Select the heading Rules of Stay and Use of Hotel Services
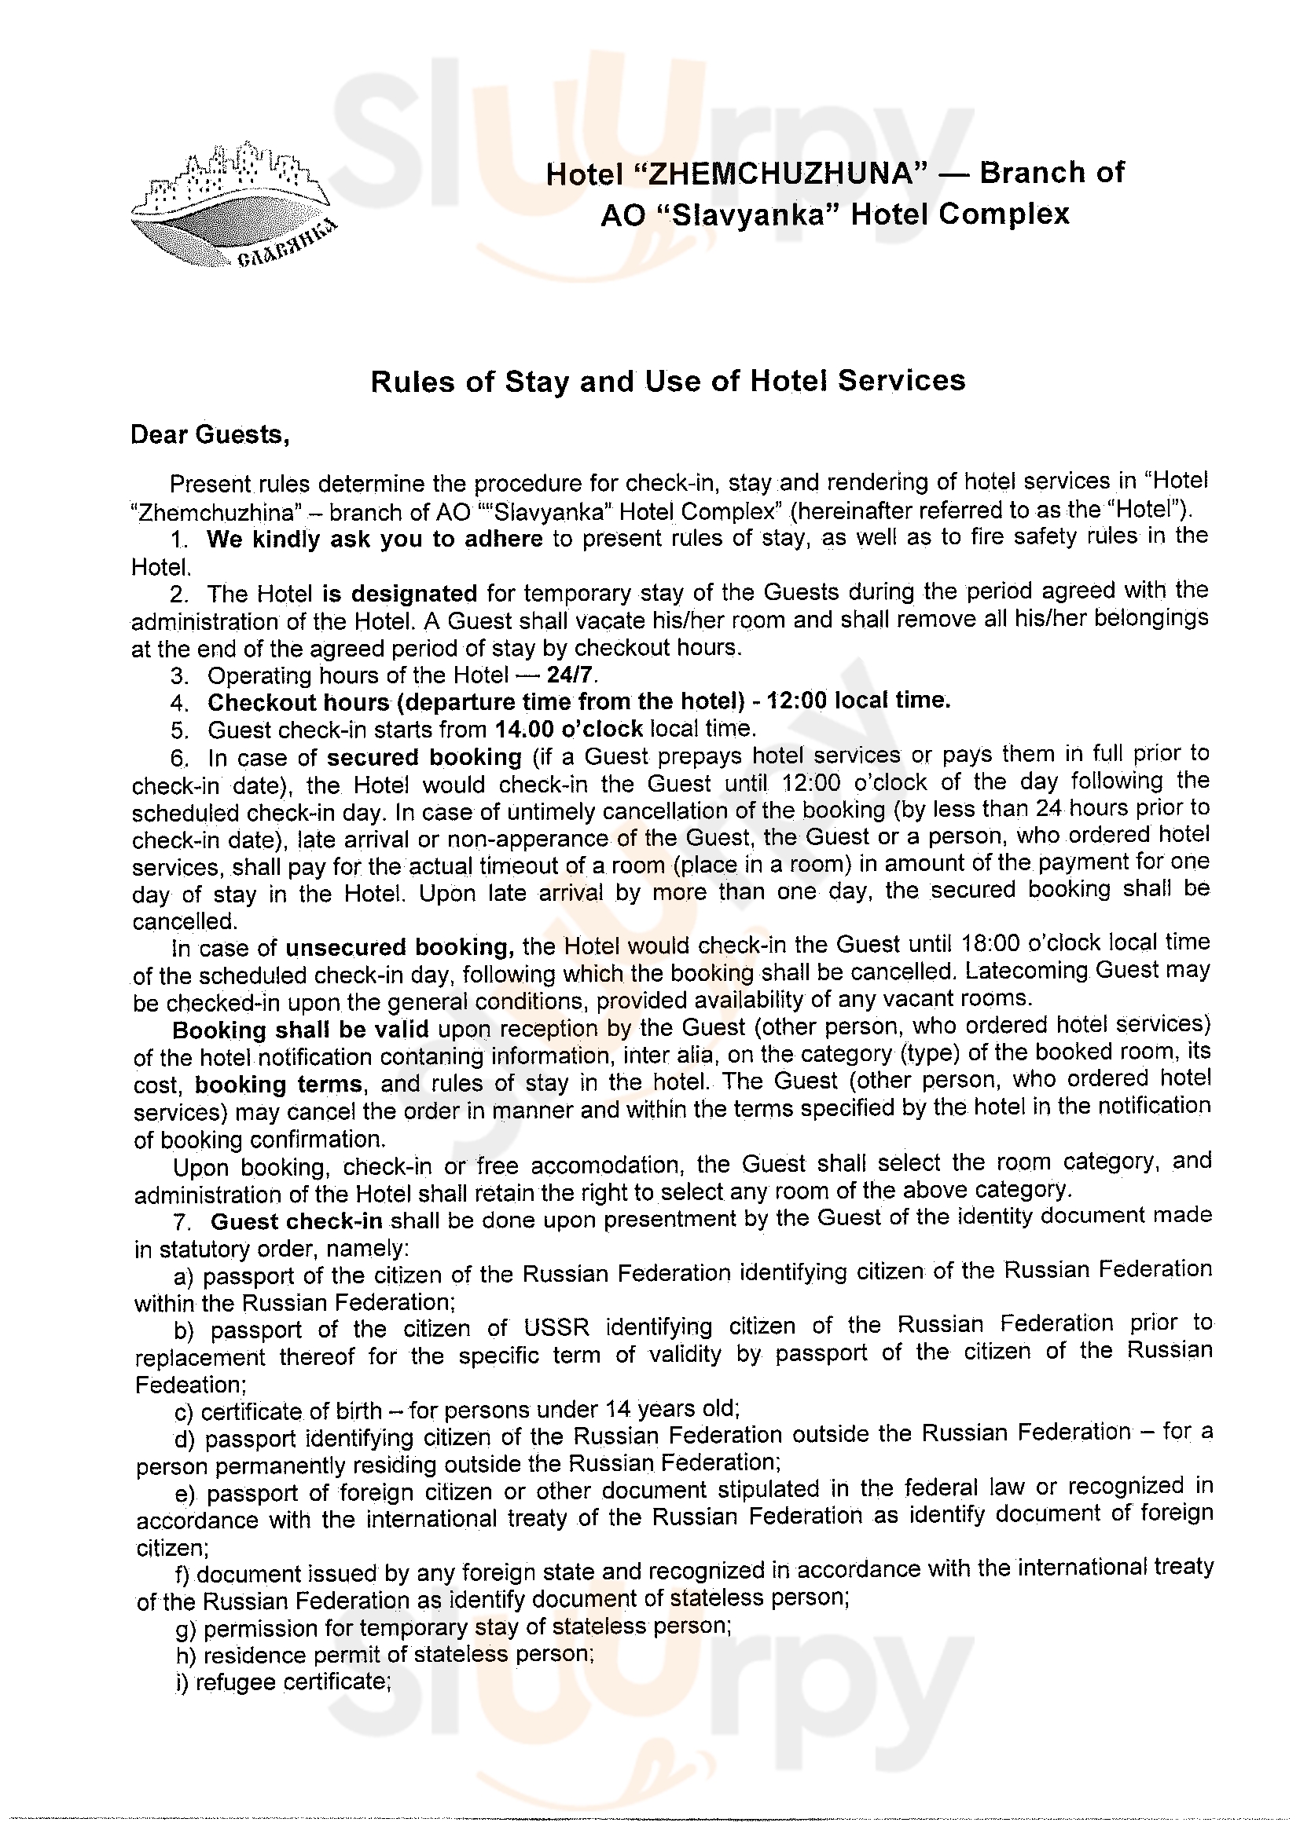click(x=667, y=381)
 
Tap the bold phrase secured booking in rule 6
click(x=424, y=757)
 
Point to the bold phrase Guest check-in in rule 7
click(x=297, y=1221)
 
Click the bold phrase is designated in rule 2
click(x=399, y=594)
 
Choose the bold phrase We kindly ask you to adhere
click(x=375, y=540)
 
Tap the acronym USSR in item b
click(x=556, y=1329)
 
